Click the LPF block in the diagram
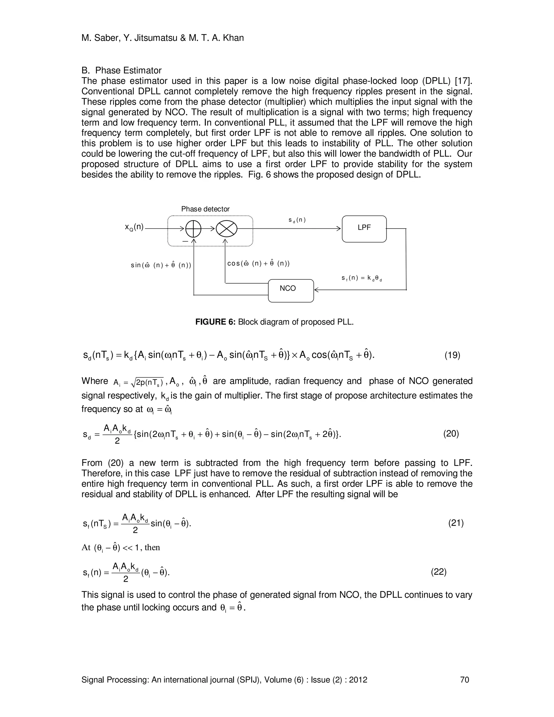click(364, 229)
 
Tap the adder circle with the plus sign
click(193, 229)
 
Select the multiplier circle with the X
click(226, 229)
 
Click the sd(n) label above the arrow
click(297, 220)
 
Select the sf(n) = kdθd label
click(362, 278)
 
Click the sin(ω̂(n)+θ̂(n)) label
click(161, 265)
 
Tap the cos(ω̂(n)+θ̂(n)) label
click(258, 263)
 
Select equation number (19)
click(452, 355)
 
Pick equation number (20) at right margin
click(451, 434)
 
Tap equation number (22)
click(438, 572)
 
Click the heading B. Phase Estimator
click(121, 71)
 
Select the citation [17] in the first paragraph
click(463, 81)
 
